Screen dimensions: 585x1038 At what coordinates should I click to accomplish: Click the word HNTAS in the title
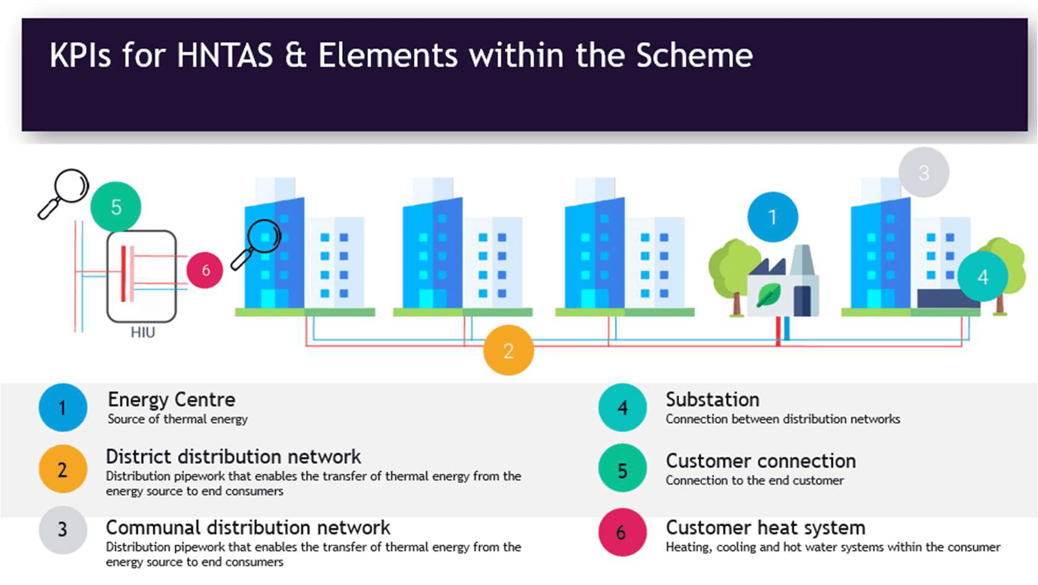click(225, 56)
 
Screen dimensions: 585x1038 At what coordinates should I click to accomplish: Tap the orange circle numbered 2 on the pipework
click(508, 350)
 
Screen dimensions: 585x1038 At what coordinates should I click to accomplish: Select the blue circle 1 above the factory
click(772, 217)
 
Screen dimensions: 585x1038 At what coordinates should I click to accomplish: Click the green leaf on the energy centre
click(768, 295)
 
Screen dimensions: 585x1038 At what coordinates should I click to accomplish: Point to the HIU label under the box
click(143, 332)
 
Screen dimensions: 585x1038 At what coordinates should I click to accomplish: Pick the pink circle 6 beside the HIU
click(205, 270)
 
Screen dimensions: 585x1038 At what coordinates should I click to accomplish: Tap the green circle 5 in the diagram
click(116, 207)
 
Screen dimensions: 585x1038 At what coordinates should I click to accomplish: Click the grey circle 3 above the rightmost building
click(924, 172)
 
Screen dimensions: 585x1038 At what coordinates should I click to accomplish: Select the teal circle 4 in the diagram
click(982, 277)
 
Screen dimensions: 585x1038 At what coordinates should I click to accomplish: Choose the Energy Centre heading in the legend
click(171, 400)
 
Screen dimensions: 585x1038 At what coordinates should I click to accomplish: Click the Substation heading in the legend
click(712, 400)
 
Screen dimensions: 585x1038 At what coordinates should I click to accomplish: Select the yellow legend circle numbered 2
click(62, 469)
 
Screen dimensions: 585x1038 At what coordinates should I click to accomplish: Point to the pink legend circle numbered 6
click(622, 532)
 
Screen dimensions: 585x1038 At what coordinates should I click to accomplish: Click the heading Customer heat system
click(766, 528)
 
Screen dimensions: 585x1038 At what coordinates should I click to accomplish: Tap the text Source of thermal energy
click(177, 419)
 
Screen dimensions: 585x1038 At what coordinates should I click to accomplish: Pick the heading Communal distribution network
click(248, 528)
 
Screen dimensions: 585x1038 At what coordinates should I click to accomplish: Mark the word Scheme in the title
click(694, 56)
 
